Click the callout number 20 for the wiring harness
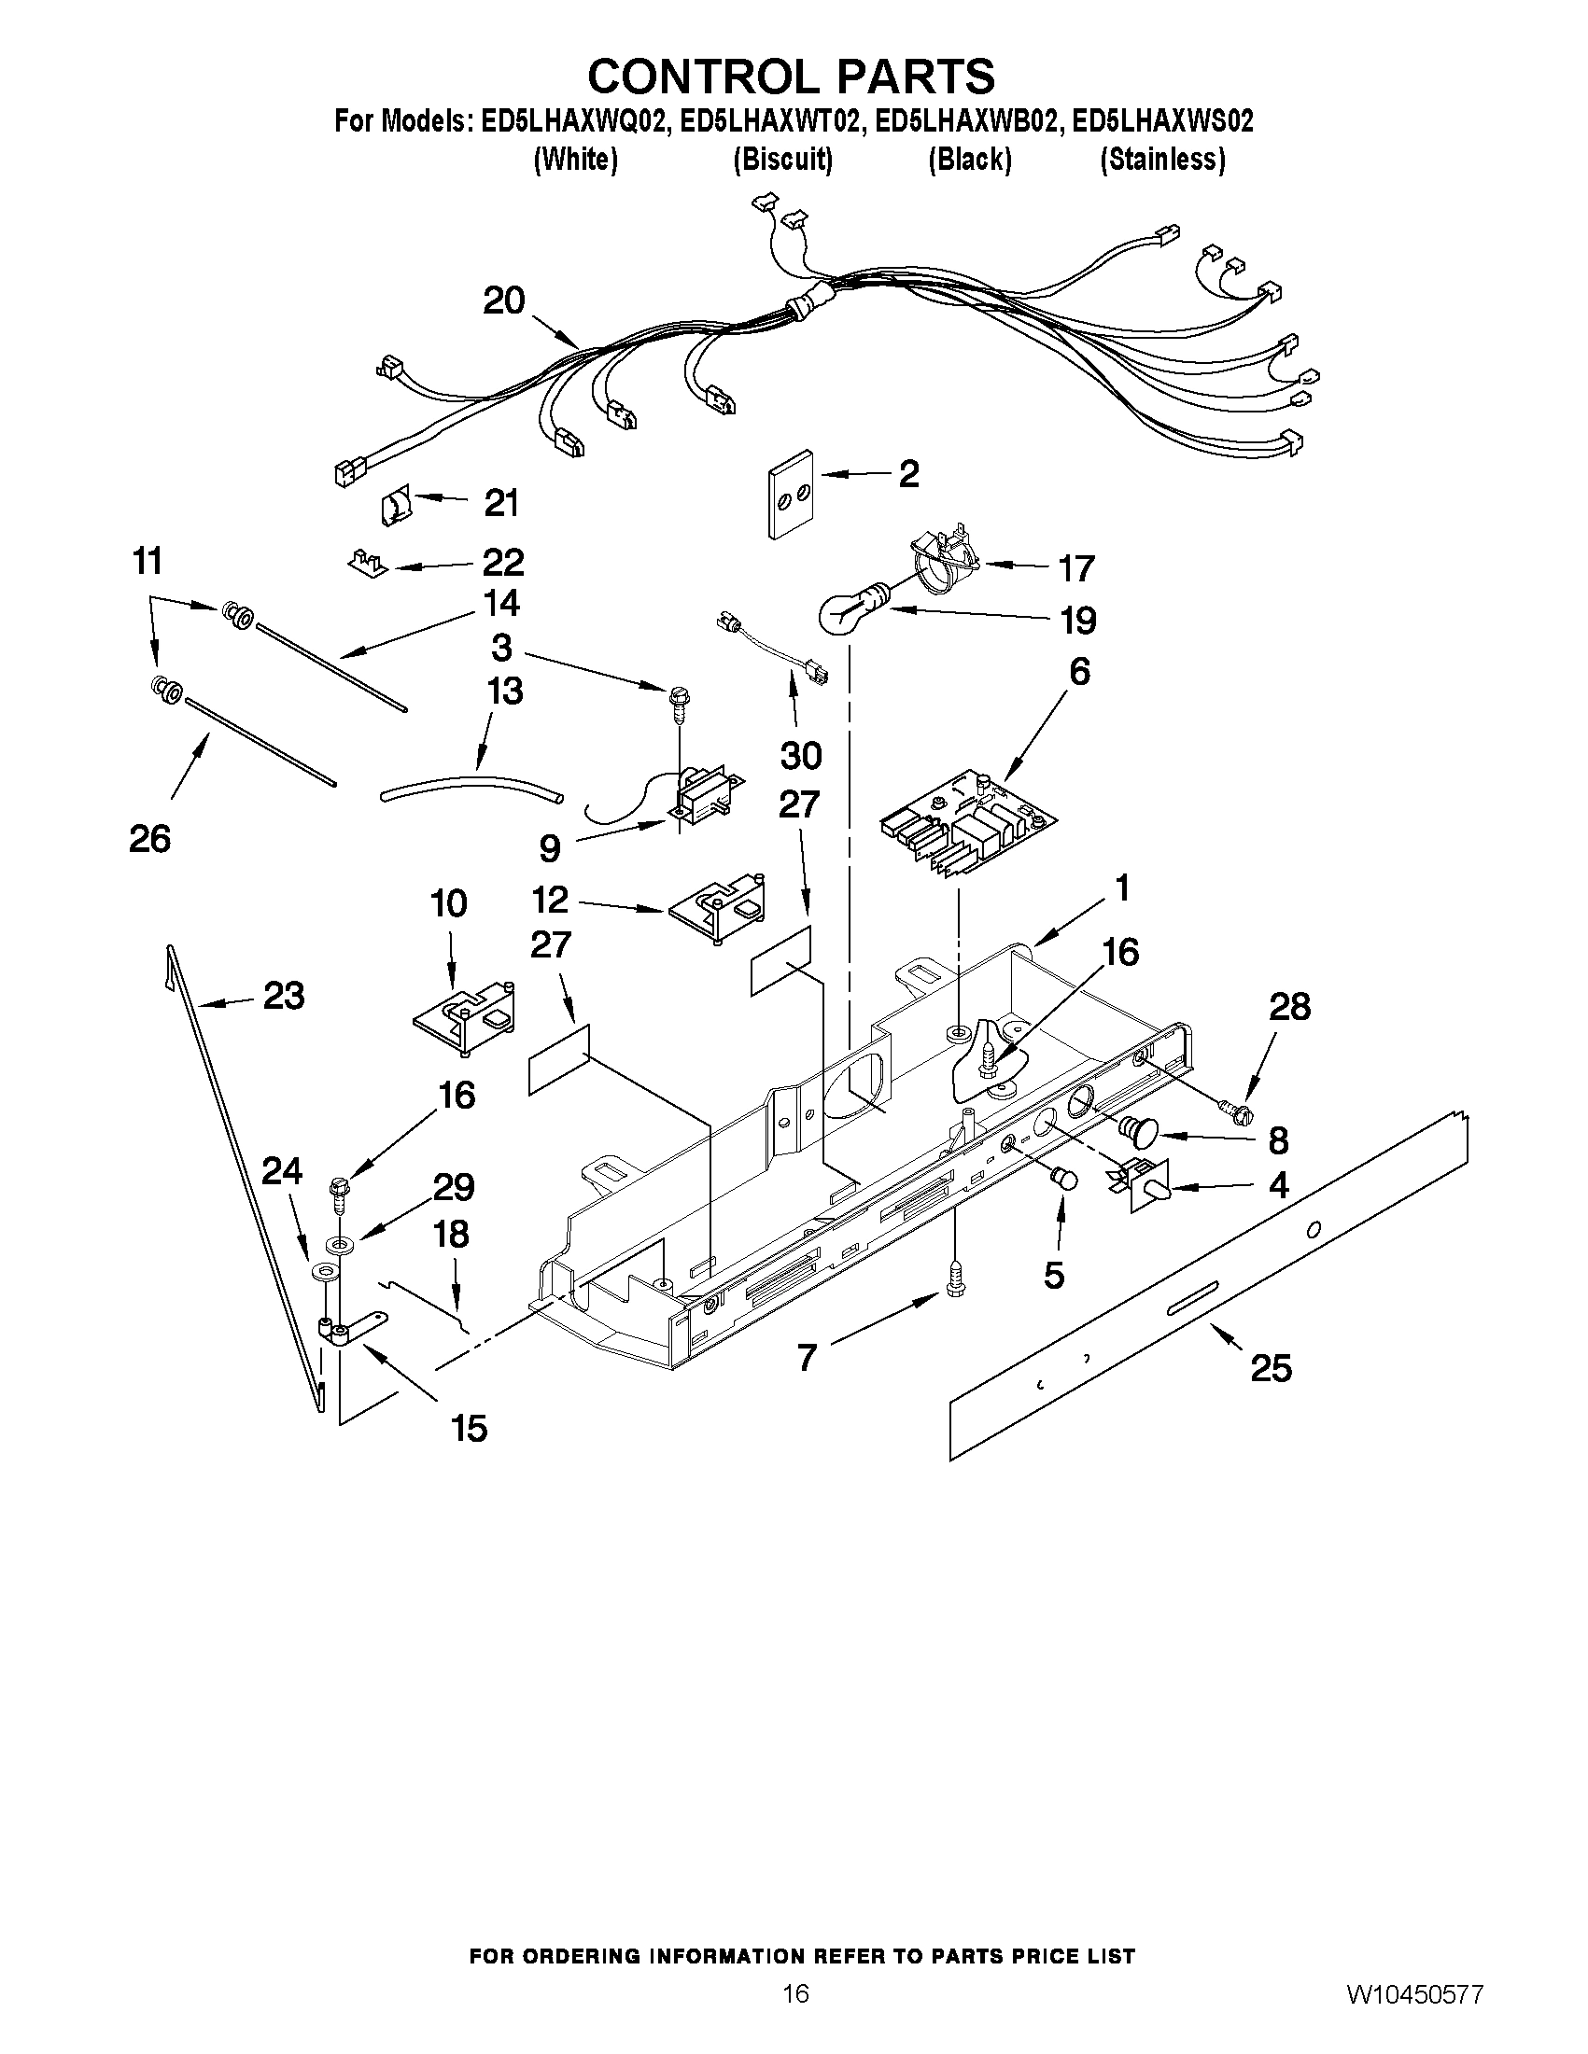(503, 301)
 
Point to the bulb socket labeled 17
(944, 564)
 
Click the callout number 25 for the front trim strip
(1271, 1367)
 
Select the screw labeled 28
(1240, 1114)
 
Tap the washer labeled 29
(338, 1245)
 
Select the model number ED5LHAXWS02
(1163, 121)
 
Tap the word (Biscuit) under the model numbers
(782, 160)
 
